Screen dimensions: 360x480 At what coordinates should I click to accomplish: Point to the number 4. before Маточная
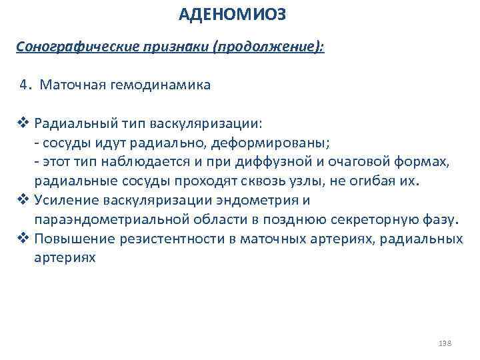pos(27,85)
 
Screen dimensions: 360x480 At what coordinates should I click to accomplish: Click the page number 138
pos(445,343)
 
